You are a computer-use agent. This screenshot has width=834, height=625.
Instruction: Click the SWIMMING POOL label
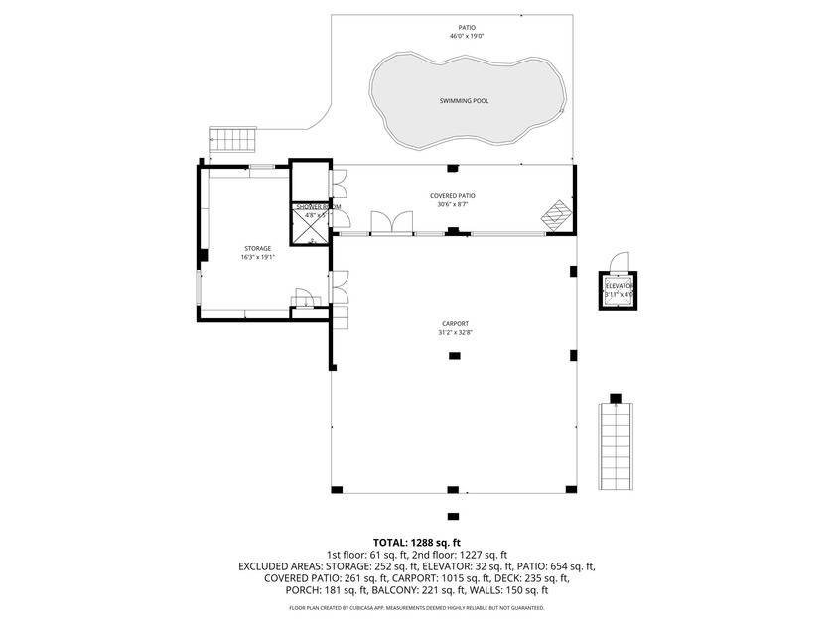(464, 101)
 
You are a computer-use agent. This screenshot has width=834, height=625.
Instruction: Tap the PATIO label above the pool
(466, 28)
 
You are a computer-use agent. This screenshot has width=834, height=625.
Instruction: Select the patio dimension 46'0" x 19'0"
(466, 37)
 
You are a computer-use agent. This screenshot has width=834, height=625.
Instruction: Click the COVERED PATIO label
(452, 196)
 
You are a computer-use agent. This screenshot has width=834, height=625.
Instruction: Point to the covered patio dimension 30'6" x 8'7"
(452, 205)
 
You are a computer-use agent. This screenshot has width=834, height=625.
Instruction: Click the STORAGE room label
(257, 248)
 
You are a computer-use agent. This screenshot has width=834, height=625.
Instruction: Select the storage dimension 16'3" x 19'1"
(257, 257)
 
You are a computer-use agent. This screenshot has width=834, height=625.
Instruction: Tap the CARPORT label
(456, 324)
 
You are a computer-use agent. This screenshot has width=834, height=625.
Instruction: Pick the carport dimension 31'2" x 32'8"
(456, 333)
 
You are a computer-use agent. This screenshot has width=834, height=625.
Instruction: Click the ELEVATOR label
(619, 286)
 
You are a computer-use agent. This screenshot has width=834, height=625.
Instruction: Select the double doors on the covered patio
(392, 223)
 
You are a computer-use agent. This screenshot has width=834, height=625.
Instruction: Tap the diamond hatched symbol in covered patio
(556, 215)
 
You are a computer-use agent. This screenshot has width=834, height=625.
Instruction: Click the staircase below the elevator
(617, 446)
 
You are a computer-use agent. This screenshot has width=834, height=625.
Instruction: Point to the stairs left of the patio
(232, 140)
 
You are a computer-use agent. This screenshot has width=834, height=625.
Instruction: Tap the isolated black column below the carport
(453, 516)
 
